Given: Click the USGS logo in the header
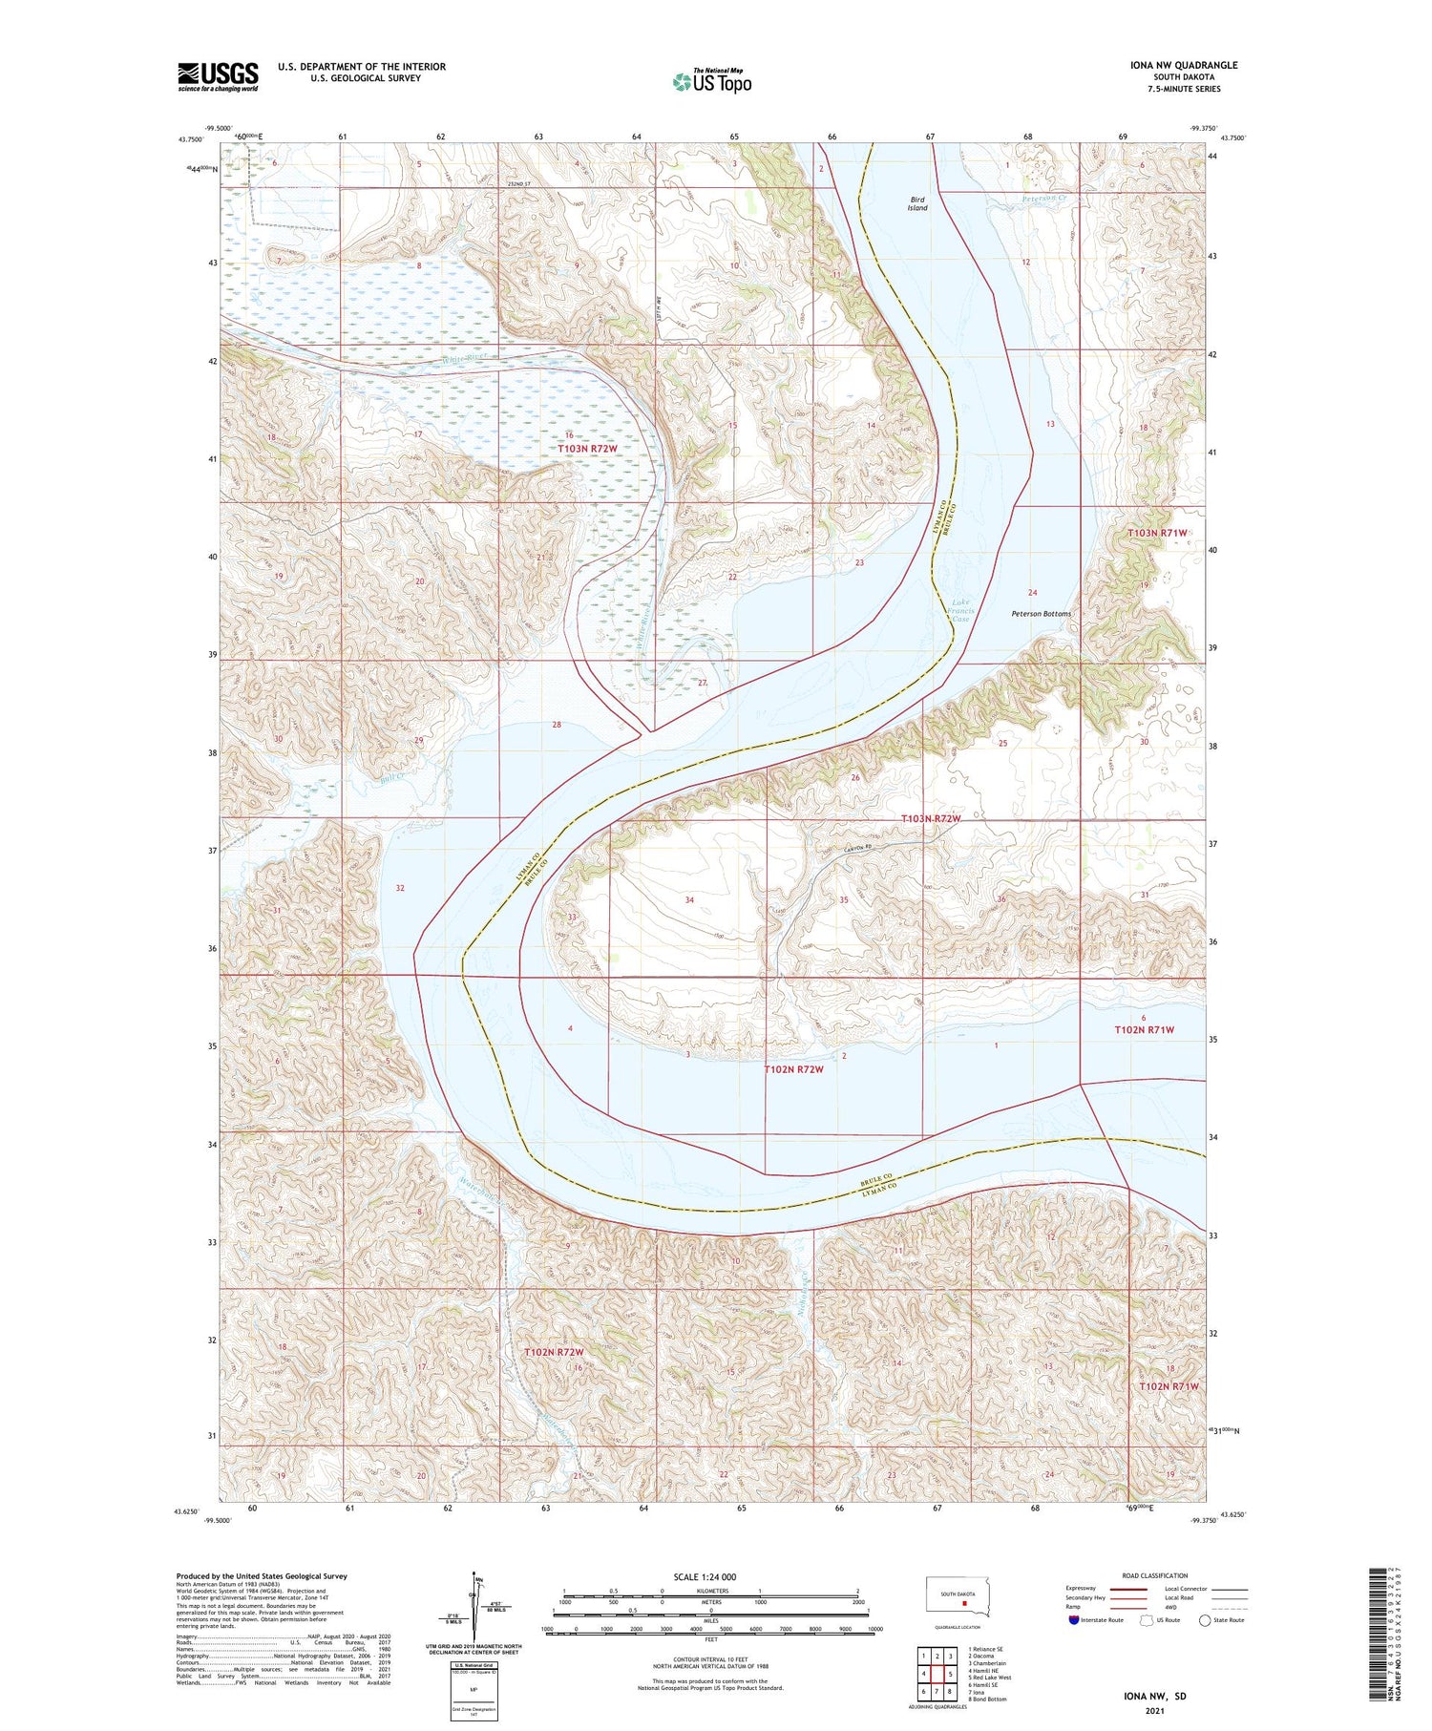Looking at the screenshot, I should tap(218, 76).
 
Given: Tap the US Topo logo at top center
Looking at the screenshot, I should tap(711, 81).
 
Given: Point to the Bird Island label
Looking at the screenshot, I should tap(916, 203).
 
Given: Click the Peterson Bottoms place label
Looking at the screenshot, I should tap(1041, 614).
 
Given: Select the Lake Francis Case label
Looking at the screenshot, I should tap(960, 610).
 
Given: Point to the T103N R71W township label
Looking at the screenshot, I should tap(1157, 533).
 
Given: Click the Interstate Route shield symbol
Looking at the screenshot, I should tap(1073, 1620).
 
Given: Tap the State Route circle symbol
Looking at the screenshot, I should tap(1205, 1620).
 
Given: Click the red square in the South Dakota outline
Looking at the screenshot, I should tap(964, 1604).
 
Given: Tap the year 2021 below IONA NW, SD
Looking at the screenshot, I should tap(1154, 1710).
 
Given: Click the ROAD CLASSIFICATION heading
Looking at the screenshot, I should tap(1155, 1575).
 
